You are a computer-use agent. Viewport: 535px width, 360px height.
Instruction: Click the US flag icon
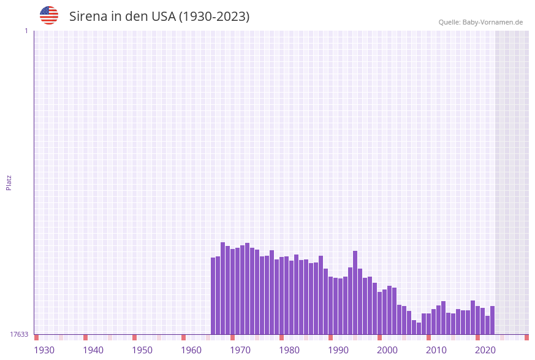tap(49, 15)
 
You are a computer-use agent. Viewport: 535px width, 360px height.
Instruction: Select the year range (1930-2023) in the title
tap(214, 17)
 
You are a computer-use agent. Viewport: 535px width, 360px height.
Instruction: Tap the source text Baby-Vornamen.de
tap(493, 22)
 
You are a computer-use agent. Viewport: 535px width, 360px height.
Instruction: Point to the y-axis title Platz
tap(9, 182)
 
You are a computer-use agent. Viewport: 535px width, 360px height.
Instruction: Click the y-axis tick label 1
tap(26, 31)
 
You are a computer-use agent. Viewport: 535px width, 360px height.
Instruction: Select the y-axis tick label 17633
tap(19, 334)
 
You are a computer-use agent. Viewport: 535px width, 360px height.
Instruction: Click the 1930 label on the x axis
tap(44, 350)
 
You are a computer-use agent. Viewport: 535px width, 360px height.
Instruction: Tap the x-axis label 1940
tap(93, 350)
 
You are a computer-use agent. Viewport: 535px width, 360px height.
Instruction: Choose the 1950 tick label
tap(142, 350)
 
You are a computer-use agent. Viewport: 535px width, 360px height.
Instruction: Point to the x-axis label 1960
tap(191, 350)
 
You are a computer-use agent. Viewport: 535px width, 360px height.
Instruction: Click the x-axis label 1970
tap(240, 350)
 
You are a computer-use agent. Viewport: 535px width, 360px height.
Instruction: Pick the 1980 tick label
tap(289, 350)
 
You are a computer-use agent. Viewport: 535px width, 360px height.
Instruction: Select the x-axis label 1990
tap(338, 350)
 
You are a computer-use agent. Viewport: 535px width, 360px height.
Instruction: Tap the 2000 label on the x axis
tap(387, 350)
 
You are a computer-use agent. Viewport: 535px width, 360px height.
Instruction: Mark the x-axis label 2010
tap(436, 350)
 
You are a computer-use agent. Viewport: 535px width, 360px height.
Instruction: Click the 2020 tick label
tap(485, 350)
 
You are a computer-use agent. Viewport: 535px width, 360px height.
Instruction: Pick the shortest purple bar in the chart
tap(419, 329)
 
